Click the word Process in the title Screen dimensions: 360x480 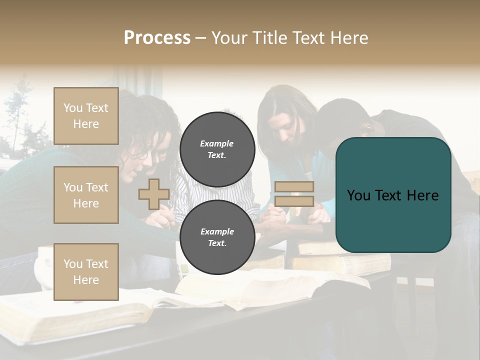point(157,37)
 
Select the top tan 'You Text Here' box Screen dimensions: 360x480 point(86,116)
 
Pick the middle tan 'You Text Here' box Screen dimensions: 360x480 point(86,195)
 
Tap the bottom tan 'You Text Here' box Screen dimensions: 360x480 point(86,271)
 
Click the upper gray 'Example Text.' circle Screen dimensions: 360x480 point(217,149)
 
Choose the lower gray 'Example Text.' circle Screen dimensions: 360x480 point(217,237)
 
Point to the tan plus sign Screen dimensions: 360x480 point(153,194)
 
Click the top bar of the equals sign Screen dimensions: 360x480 point(294,186)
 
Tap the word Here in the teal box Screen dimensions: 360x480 point(422,195)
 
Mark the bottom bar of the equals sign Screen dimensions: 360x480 point(294,201)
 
